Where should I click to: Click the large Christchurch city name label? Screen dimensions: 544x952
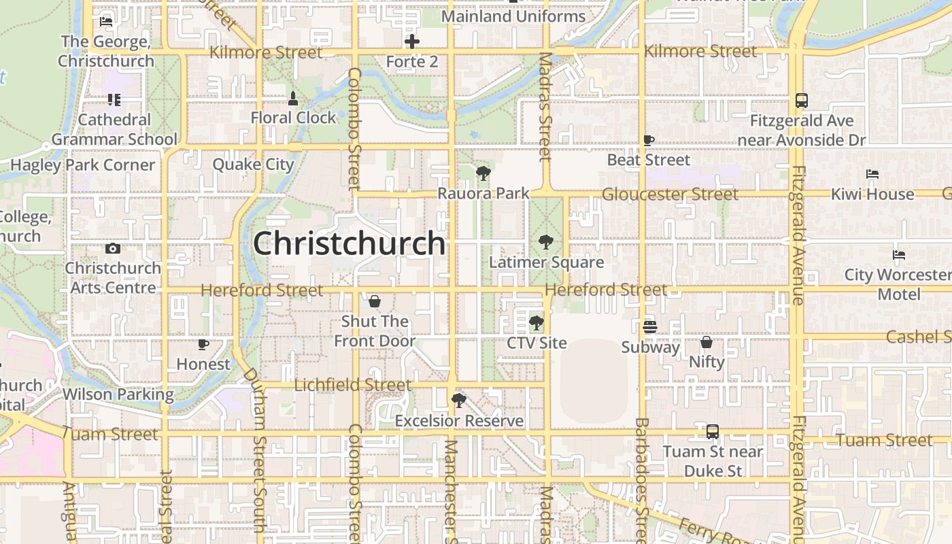349,243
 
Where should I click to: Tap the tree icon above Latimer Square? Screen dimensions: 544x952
545,242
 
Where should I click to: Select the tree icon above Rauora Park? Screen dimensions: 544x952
483,173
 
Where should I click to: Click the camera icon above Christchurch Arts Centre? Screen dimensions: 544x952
113,248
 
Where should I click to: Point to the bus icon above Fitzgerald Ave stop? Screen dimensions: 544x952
802,101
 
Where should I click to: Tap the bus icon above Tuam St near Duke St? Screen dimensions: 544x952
713,432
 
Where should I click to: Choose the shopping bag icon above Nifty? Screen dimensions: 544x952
707,342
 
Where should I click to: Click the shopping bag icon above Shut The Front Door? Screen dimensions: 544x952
375,301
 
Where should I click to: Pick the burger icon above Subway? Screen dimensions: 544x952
650,326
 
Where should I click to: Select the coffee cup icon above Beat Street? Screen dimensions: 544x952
649,140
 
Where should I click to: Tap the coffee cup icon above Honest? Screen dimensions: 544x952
203,344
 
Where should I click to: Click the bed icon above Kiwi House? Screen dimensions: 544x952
872,174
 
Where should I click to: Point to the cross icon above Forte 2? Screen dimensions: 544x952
412,41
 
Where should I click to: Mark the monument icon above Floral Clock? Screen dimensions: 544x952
293,99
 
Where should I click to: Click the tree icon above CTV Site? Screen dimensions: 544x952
537,322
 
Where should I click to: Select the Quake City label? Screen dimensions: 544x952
253,165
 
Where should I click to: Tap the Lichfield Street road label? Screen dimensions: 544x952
352,385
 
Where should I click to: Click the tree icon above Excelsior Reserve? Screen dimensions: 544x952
459,401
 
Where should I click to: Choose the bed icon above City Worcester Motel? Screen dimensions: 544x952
899,255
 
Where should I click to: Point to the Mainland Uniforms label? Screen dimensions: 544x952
513,16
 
